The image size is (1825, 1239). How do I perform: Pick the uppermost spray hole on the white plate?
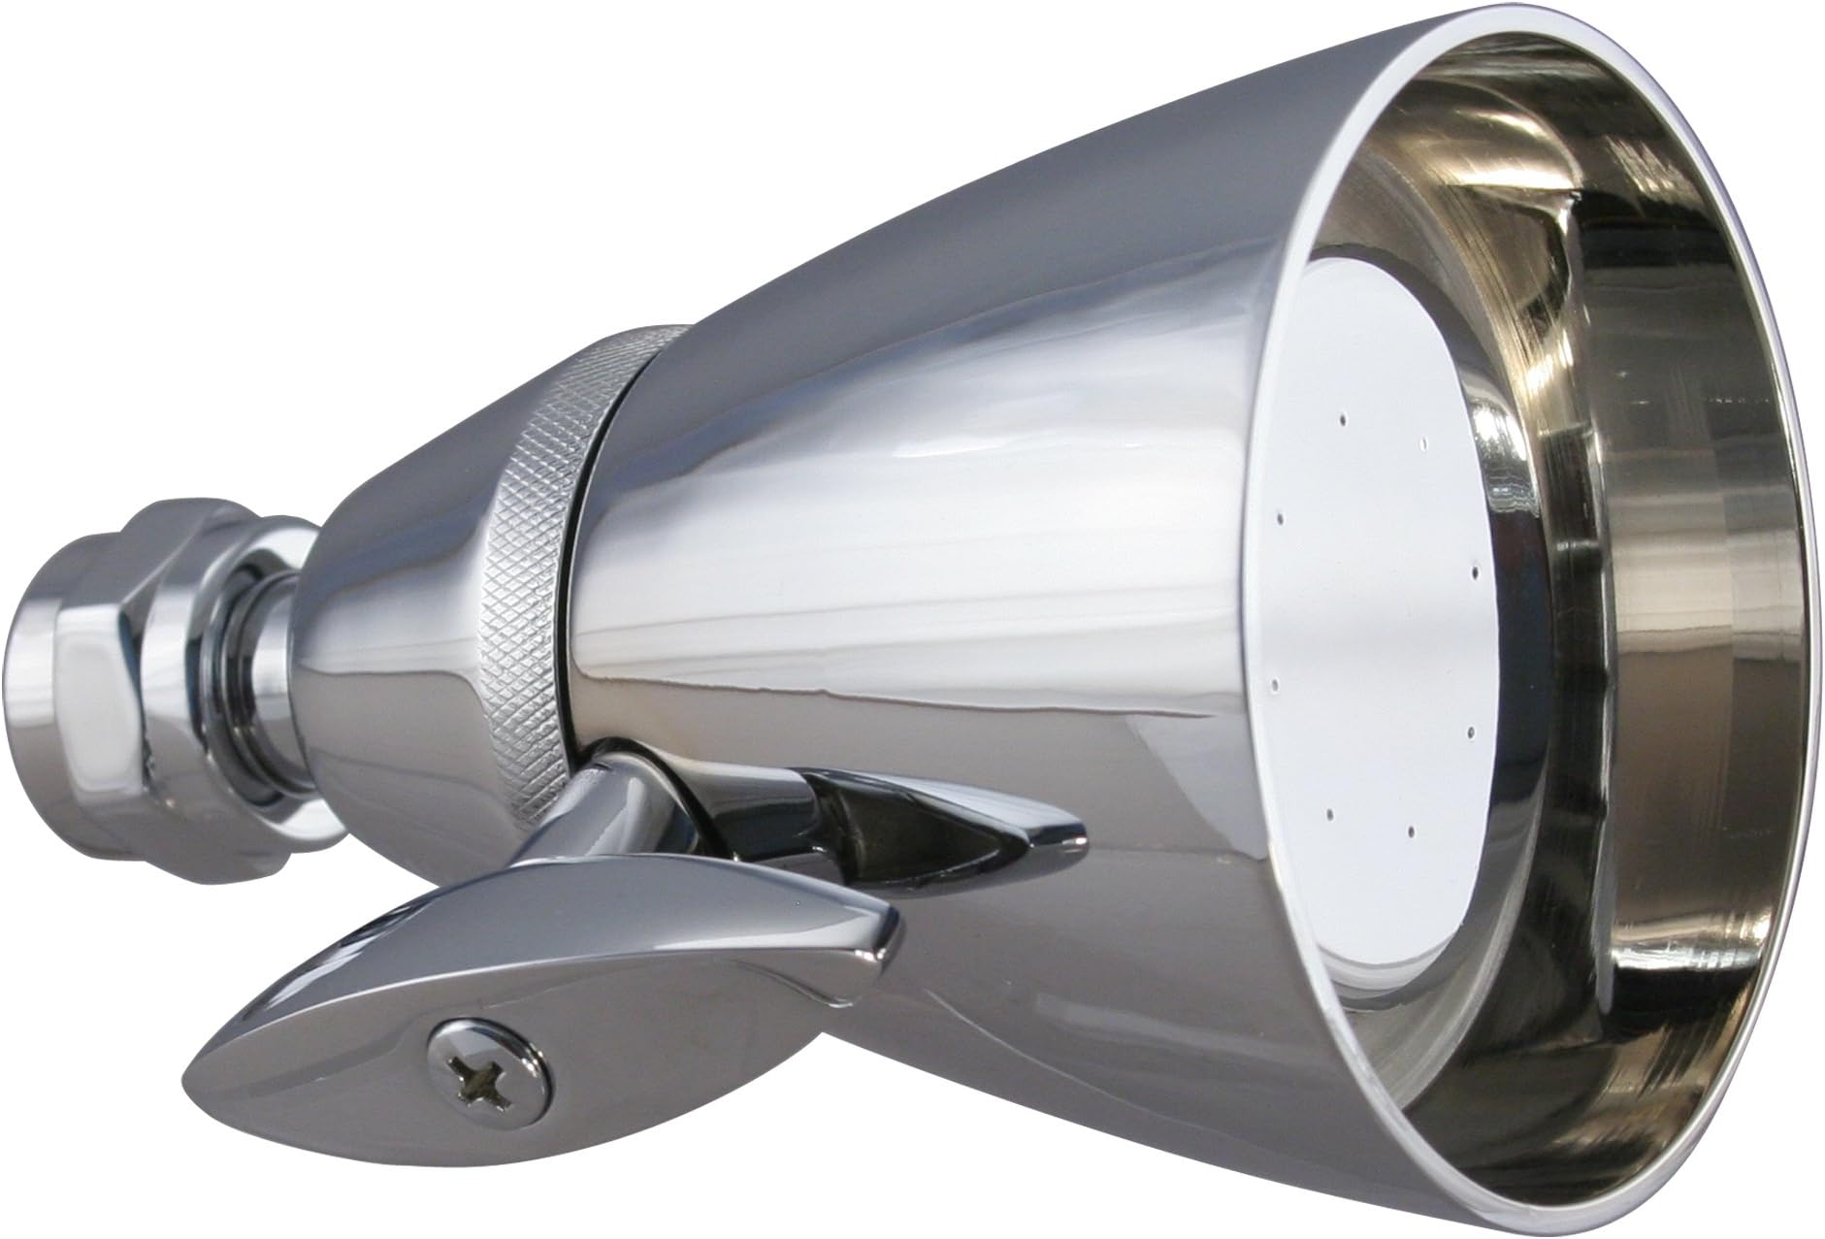(1342, 421)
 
